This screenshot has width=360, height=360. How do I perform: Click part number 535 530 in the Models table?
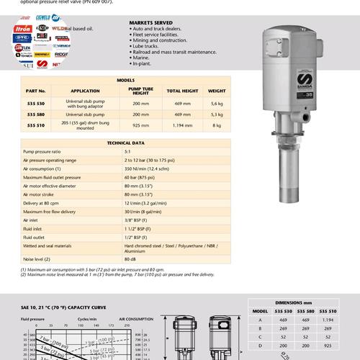pos(37,103)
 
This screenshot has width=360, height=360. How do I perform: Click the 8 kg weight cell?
pos(217,125)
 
